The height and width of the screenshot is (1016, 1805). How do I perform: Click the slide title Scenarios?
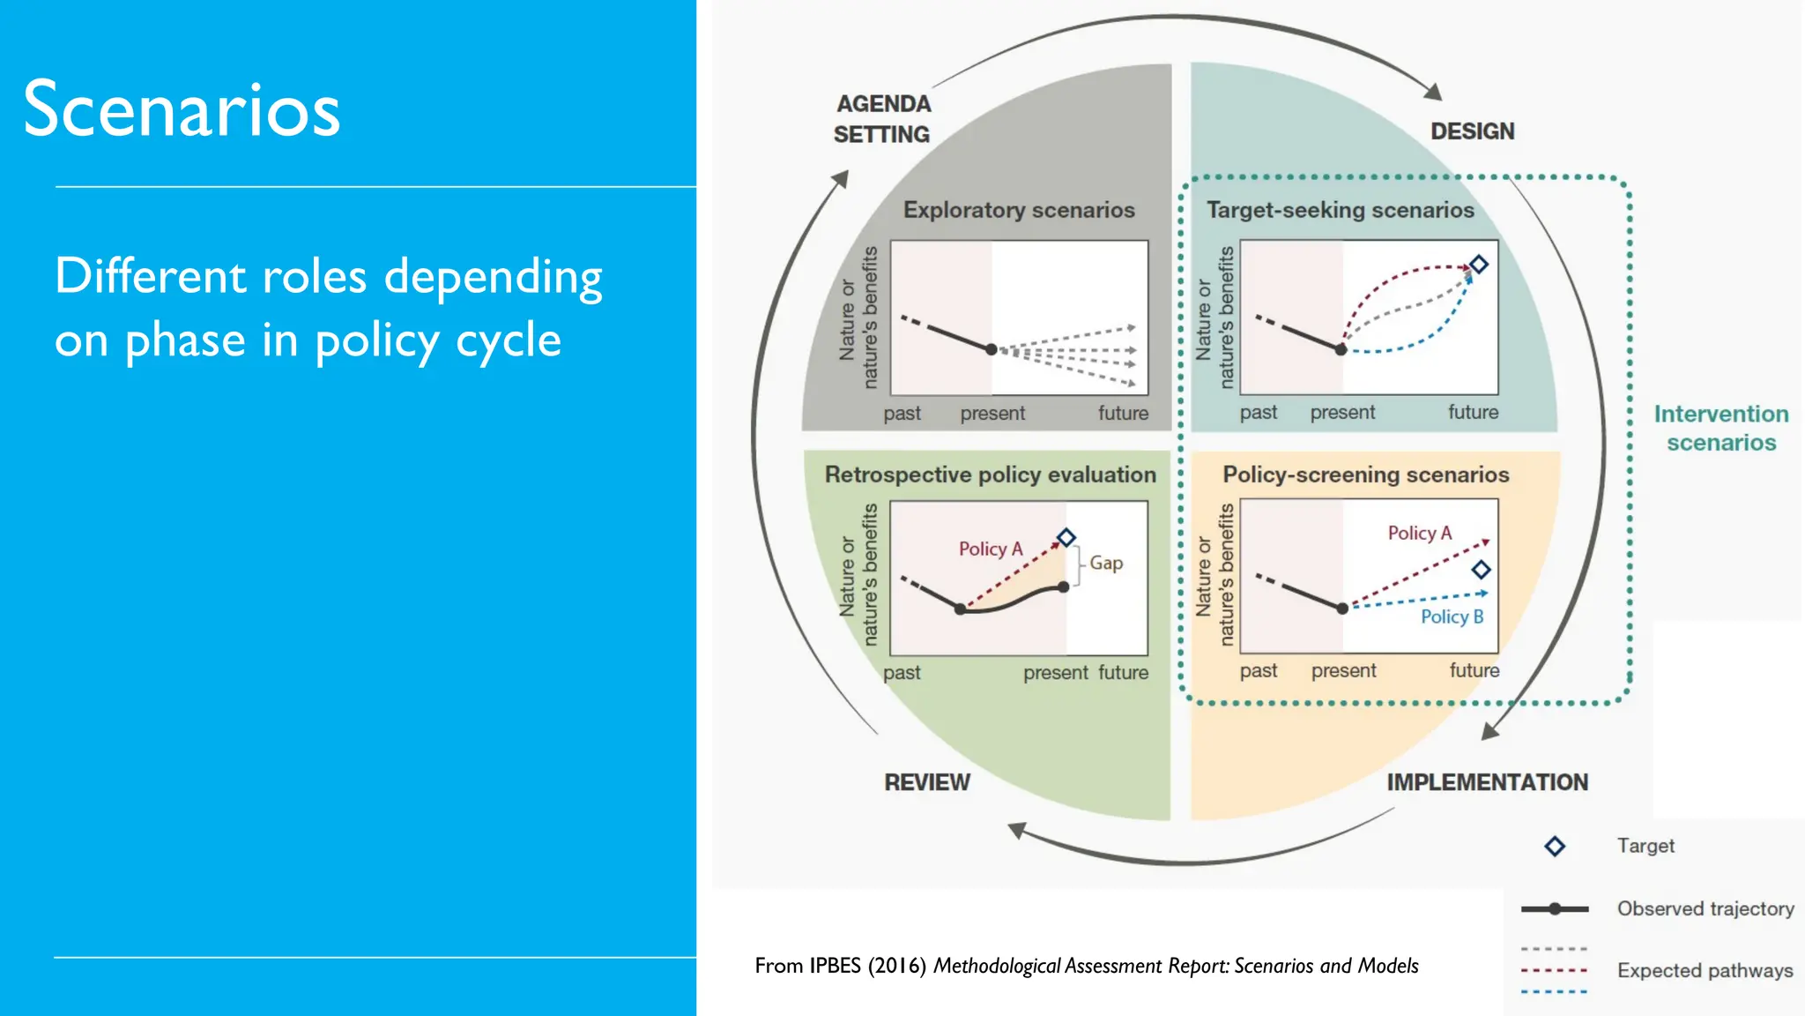(182, 109)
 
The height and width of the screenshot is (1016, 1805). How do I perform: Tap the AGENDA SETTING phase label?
(882, 119)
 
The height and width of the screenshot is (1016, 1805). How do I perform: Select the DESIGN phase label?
(1472, 131)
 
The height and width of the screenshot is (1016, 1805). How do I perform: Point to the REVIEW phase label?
(926, 782)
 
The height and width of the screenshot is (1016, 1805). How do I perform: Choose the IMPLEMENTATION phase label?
(1487, 782)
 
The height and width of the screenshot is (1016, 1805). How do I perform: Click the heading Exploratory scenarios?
(1019, 210)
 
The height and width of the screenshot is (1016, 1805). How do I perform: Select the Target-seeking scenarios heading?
(1340, 210)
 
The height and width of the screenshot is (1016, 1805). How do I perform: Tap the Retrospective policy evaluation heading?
(990, 474)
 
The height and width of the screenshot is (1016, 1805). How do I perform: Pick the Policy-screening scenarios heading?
(1365, 474)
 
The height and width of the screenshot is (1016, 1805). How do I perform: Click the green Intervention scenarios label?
(1720, 428)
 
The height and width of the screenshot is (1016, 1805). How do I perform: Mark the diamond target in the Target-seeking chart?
(1479, 264)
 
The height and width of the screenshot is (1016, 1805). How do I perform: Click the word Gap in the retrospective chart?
(1106, 563)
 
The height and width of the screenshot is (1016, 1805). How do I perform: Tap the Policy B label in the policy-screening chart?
(1452, 616)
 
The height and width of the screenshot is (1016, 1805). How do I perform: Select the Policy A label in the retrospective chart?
(991, 549)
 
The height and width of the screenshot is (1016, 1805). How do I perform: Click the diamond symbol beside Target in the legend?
(1555, 847)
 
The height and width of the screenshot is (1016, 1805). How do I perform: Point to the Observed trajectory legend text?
(1705, 908)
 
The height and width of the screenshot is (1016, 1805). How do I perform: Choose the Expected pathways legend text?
(1705, 970)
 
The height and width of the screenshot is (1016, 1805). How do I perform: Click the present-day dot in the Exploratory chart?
(992, 350)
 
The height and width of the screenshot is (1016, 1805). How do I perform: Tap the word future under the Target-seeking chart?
(1473, 412)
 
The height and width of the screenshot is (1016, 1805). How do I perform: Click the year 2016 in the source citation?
(895, 966)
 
